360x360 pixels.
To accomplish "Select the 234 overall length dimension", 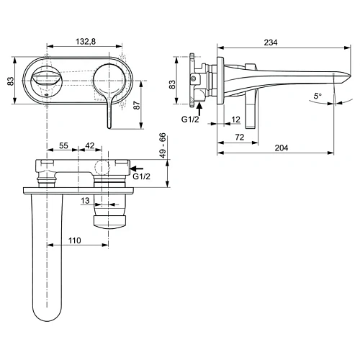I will (271, 42).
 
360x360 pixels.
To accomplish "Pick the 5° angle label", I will (318, 95).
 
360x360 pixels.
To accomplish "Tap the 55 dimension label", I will (63, 146).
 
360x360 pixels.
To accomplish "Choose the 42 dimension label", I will (90, 146).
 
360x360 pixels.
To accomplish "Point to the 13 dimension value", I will (86, 200).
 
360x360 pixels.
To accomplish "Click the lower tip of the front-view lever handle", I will (109, 127).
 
